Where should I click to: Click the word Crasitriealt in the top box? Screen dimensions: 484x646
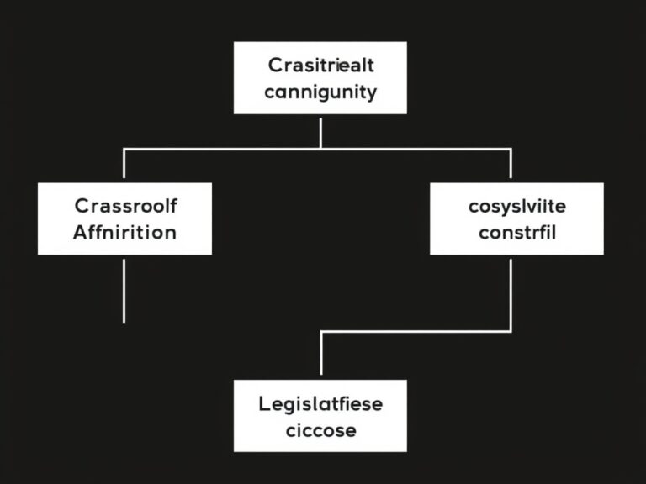click(x=320, y=65)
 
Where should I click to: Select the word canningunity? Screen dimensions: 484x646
click(x=320, y=92)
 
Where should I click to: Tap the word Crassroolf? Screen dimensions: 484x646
click(x=125, y=206)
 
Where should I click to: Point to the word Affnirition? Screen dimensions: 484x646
click(x=124, y=232)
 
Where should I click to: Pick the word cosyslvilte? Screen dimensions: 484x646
click(x=516, y=206)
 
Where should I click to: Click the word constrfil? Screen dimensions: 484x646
click(x=516, y=232)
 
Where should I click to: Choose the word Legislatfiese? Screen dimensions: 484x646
click(x=320, y=404)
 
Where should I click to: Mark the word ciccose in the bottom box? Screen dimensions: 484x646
click(x=320, y=431)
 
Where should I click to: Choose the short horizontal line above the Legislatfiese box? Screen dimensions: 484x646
click(x=416, y=332)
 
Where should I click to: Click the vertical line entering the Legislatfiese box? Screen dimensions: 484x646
click(x=321, y=355)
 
